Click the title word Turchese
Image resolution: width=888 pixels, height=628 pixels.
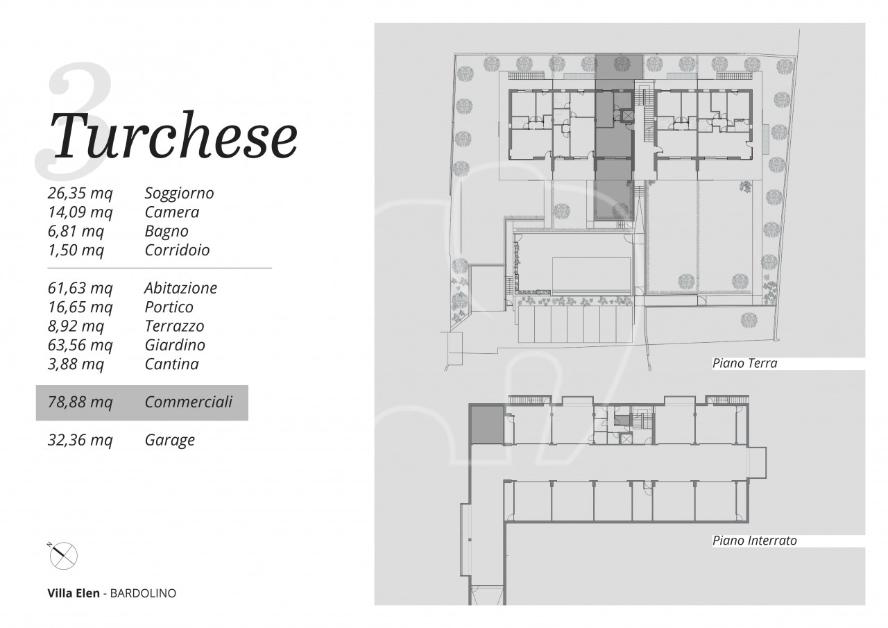point(173,135)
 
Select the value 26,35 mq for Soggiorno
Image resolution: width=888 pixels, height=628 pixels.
point(80,193)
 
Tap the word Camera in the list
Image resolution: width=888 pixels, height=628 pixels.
point(171,212)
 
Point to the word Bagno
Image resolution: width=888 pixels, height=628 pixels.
point(166,232)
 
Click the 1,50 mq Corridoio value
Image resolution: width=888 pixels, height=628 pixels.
point(76,251)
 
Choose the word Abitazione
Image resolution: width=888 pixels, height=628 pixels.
point(180,288)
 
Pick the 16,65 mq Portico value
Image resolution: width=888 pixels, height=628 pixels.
point(80,307)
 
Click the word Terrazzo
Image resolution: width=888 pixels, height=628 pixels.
point(174,326)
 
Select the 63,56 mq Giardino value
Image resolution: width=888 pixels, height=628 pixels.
point(80,345)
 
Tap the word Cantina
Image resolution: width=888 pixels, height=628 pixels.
point(171,364)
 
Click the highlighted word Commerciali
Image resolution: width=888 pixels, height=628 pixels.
point(188,402)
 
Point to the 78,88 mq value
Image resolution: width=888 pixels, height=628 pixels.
point(80,402)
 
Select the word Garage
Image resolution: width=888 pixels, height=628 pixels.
point(170,440)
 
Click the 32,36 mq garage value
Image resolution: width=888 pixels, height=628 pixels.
point(80,440)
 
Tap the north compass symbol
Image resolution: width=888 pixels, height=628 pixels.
point(63,555)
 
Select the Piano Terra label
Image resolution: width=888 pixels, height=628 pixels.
point(744,363)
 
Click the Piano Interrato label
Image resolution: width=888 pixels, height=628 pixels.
point(754,541)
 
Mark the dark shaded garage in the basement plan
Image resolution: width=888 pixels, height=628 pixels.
point(486,425)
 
